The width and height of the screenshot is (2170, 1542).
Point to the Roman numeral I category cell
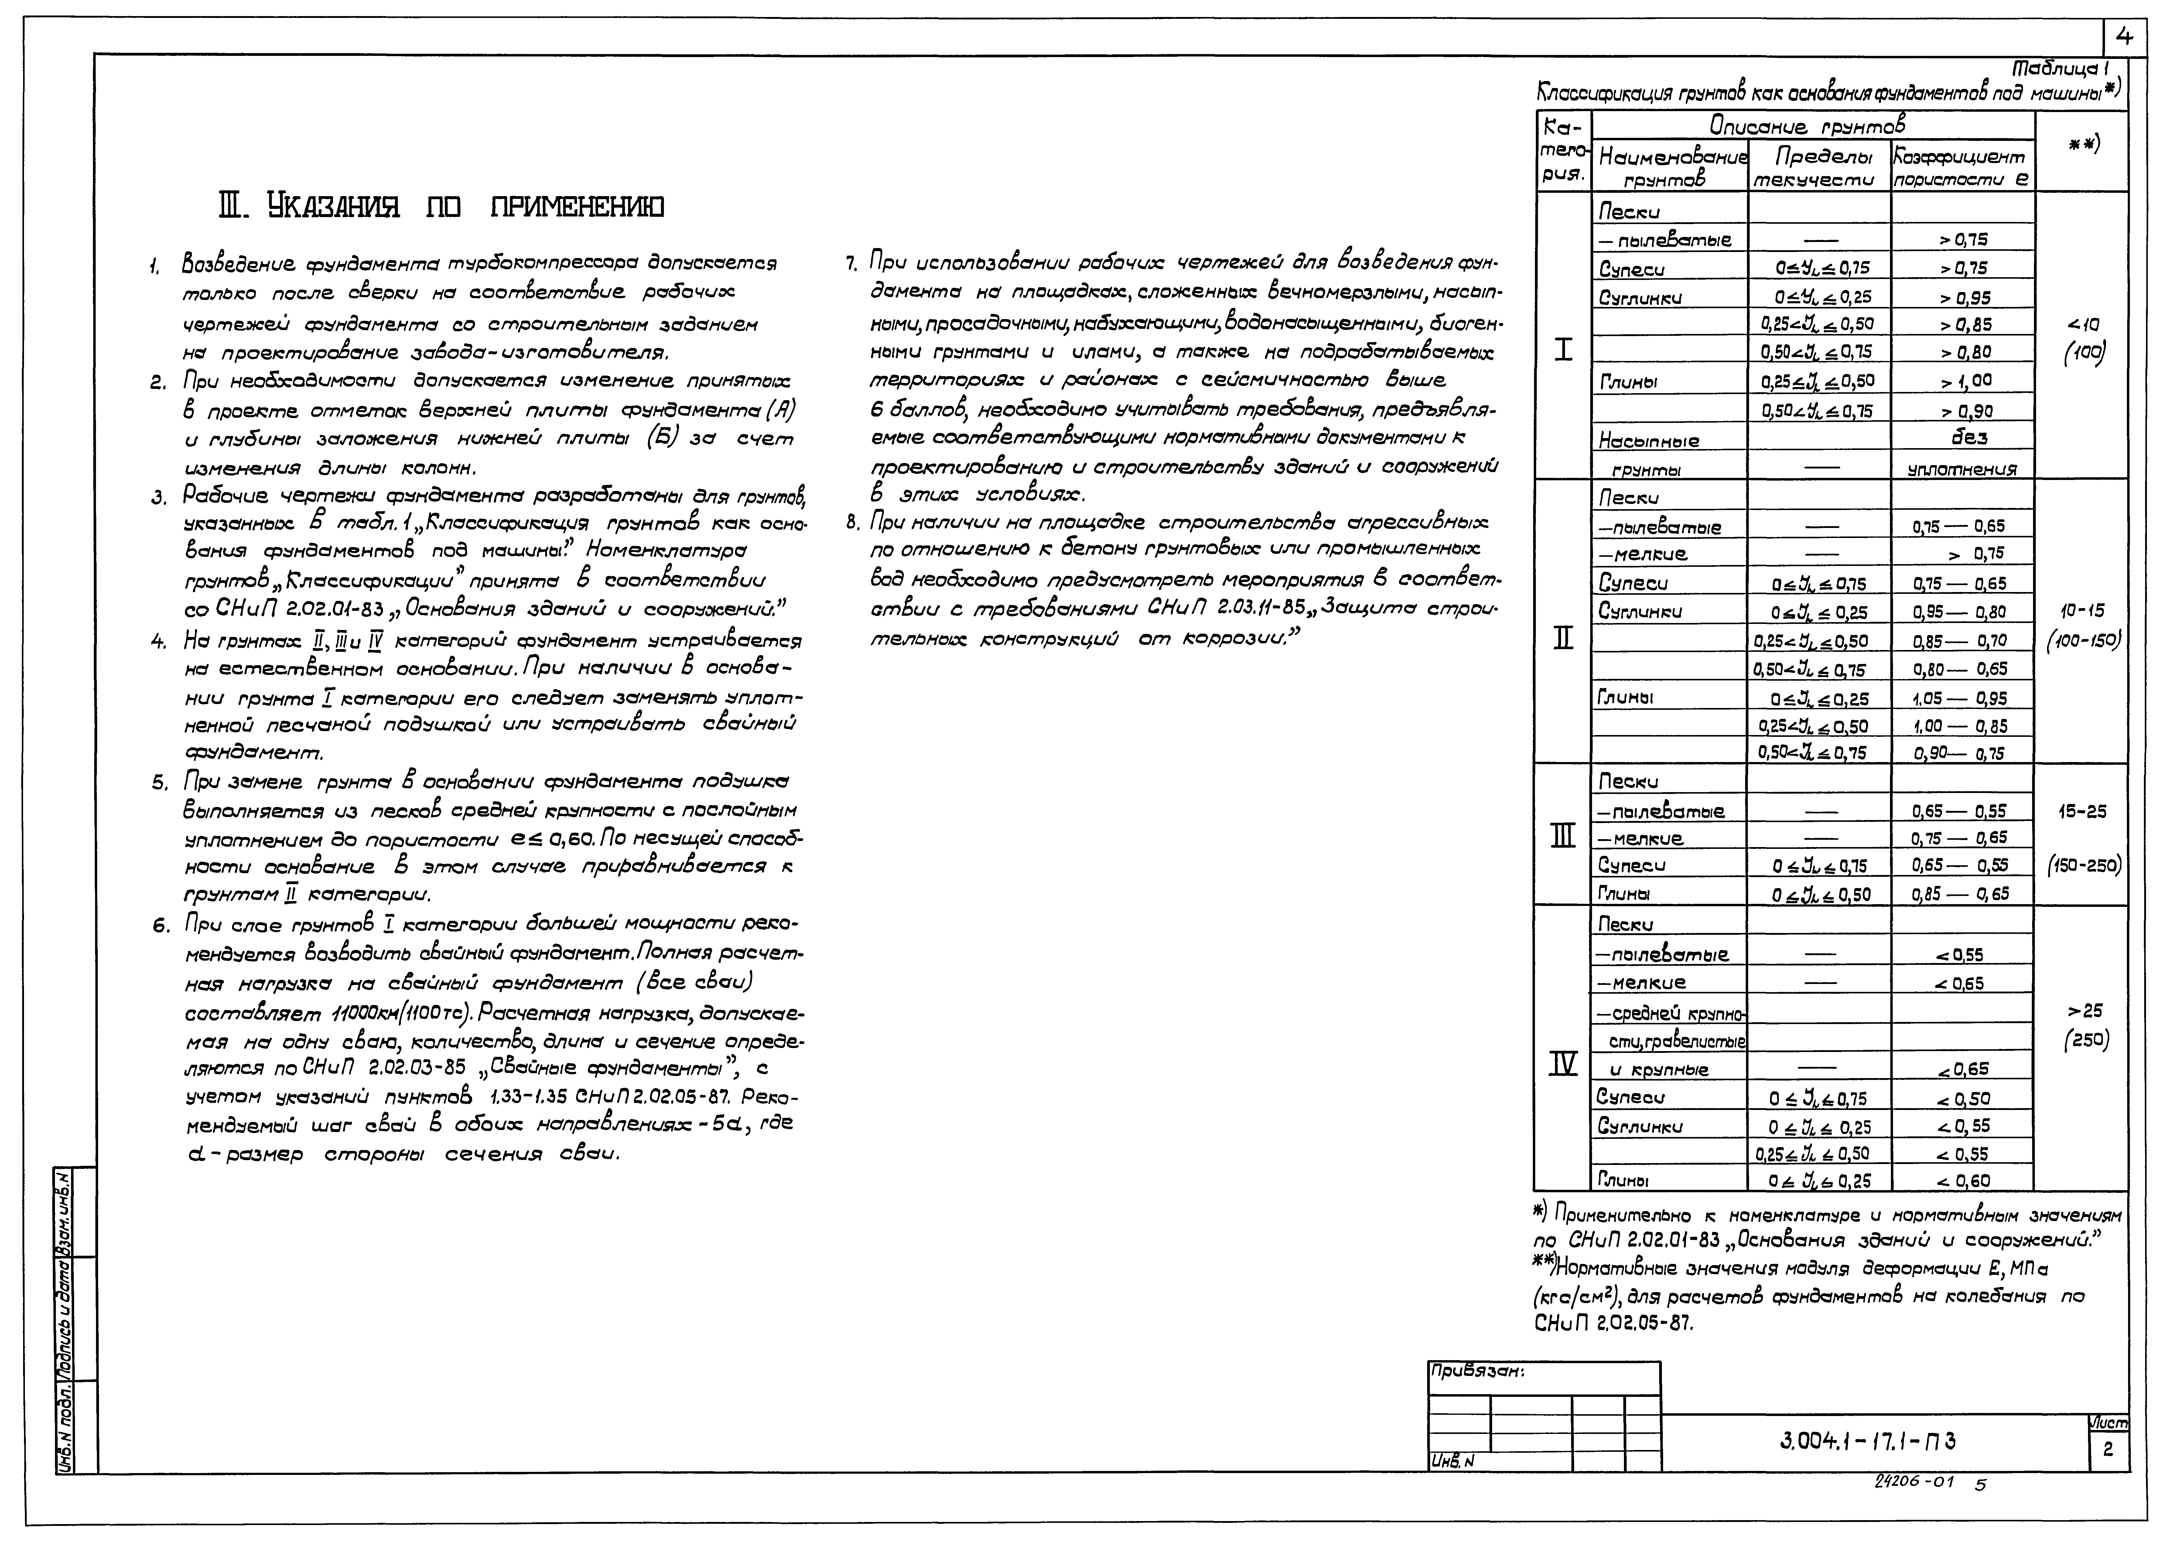click(1562, 350)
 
